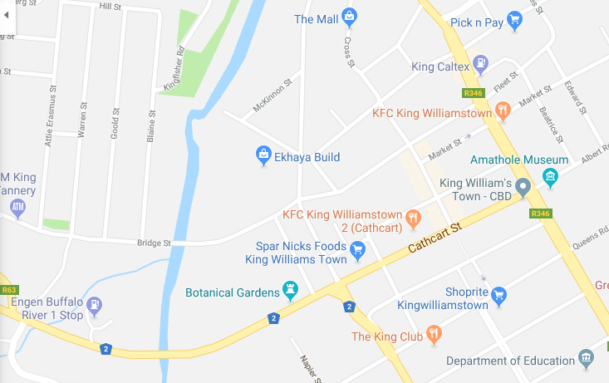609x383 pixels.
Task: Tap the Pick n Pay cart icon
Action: [x=514, y=21]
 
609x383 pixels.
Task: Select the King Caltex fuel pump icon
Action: [x=480, y=64]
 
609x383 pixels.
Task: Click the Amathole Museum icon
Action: [x=549, y=175]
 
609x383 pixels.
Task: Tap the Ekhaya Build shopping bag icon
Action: [x=263, y=155]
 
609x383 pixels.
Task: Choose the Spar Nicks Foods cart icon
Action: [x=358, y=248]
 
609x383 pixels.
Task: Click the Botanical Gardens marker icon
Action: [x=290, y=290]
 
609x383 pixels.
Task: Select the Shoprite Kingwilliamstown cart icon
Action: [x=498, y=294]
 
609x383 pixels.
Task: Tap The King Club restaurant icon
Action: [x=432, y=334]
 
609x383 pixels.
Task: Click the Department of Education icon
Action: [x=587, y=358]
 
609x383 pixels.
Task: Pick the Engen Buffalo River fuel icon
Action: [x=95, y=305]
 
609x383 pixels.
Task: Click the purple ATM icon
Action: [x=17, y=207]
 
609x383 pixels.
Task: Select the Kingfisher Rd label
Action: [x=174, y=68]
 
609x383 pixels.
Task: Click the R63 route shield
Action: [x=9, y=290]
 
